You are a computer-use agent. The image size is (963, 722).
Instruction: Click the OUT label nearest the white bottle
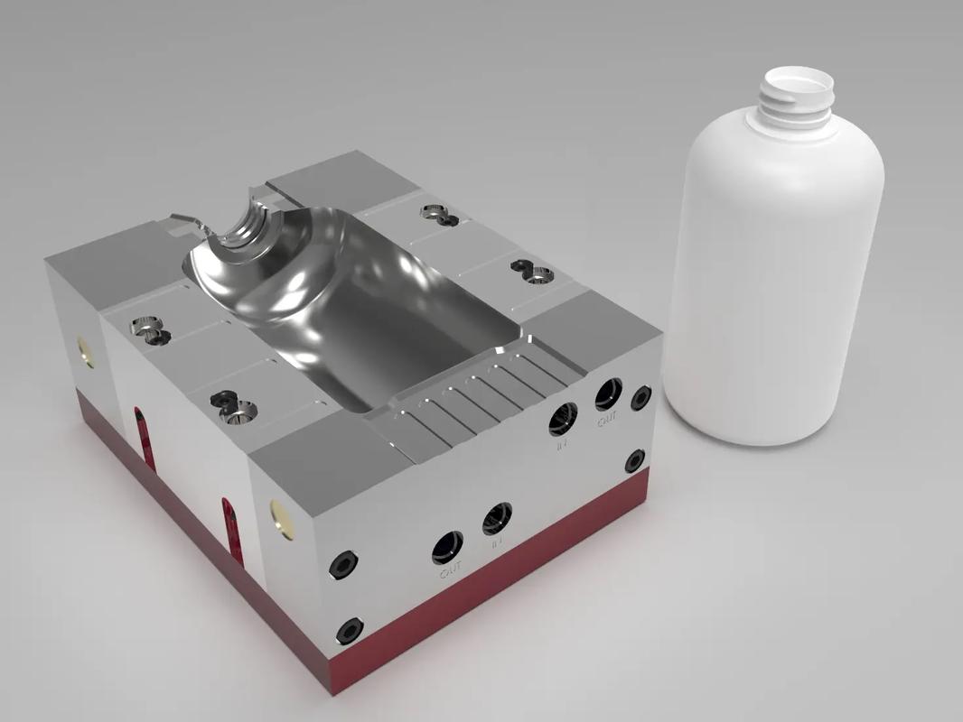pyautogui.click(x=607, y=420)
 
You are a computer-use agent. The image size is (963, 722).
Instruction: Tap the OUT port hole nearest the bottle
pyautogui.click(x=608, y=393)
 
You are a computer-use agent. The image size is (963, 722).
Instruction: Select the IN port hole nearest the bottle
pyautogui.click(x=564, y=417)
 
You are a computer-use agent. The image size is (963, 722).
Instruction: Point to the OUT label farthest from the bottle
pyautogui.click(x=450, y=570)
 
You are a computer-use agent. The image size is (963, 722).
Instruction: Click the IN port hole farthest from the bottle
pyautogui.click(x=497, y=518)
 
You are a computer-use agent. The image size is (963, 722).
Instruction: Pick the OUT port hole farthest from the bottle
pyautogui.click(x=448, y=545)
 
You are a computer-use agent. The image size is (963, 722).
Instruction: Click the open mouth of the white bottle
pyautogui.click(x=794, y=82)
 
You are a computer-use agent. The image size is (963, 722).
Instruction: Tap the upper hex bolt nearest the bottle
pyautogui.click(x=641, y=397)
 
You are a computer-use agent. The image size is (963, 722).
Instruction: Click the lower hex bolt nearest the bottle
pyautogui.click(x=635, y=460)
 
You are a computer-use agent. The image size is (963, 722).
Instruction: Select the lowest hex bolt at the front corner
pyautogui.click(x=349, y=630)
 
